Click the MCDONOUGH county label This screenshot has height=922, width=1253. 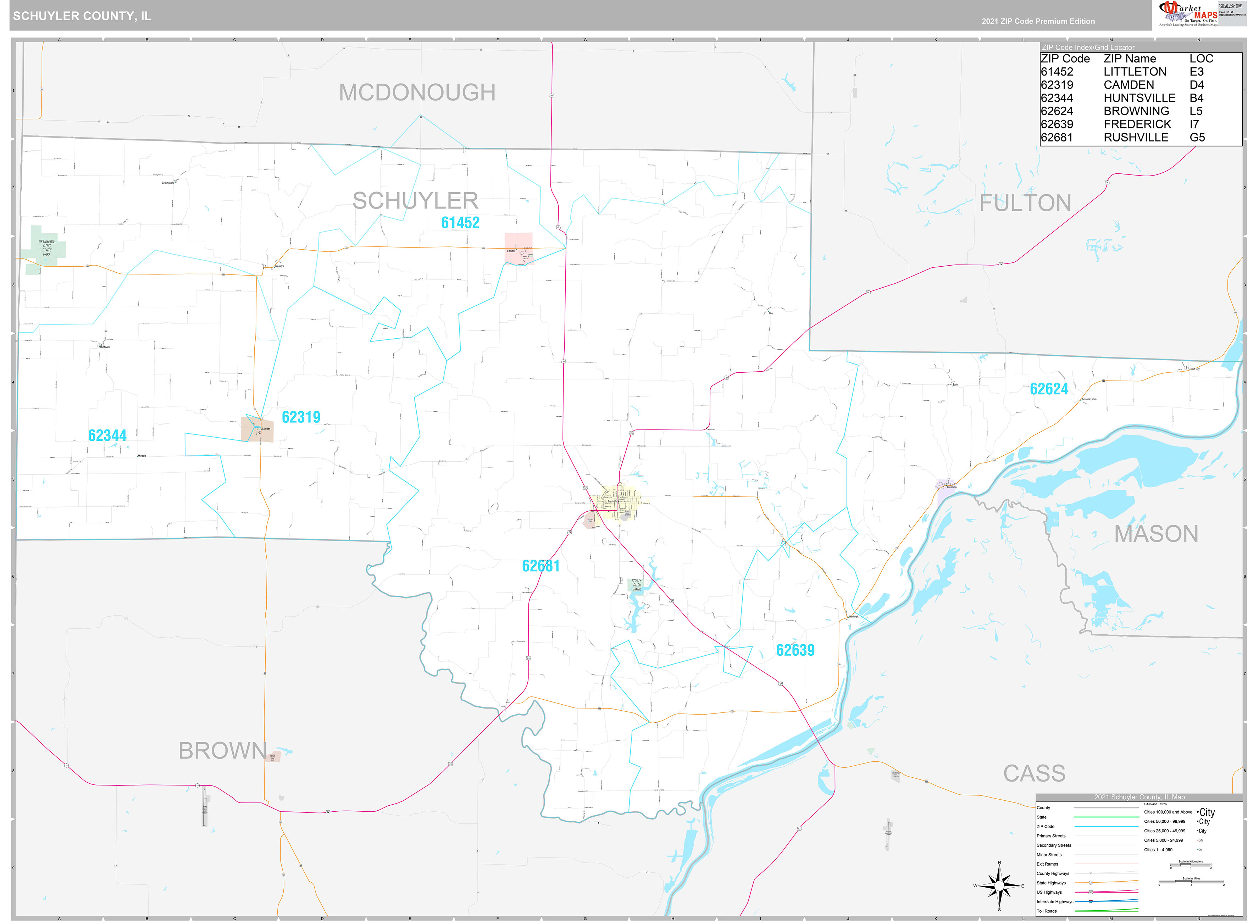point(417,93)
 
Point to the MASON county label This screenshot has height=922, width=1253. point(1156,534)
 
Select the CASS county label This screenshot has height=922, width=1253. point(1034,773)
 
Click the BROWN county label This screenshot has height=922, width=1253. point(222,751)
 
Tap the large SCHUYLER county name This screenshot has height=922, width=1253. point(415,201)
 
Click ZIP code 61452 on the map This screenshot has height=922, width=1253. point(460,223)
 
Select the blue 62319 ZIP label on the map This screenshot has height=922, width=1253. point(301,417)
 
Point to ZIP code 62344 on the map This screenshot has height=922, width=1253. point(107,435)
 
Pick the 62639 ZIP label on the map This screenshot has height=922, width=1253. point(795,650)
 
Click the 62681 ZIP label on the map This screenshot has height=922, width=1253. point(540,566)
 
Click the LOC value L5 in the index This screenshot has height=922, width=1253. point(1196,111)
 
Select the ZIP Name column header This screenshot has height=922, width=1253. point(1129,59)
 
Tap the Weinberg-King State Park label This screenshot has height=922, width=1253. point(46,248)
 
